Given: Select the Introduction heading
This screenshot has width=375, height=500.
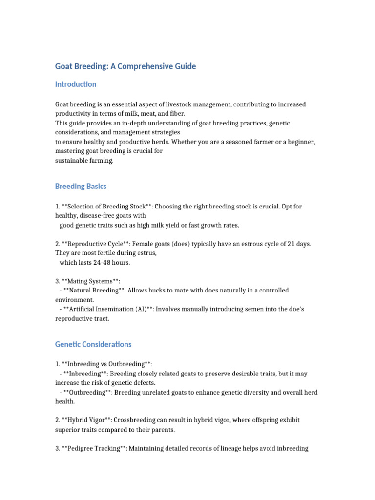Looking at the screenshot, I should coord(76,84).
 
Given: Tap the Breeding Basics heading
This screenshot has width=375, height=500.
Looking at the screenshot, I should coord(81,187).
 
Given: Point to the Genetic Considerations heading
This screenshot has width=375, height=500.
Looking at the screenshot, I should coord(93,344).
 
